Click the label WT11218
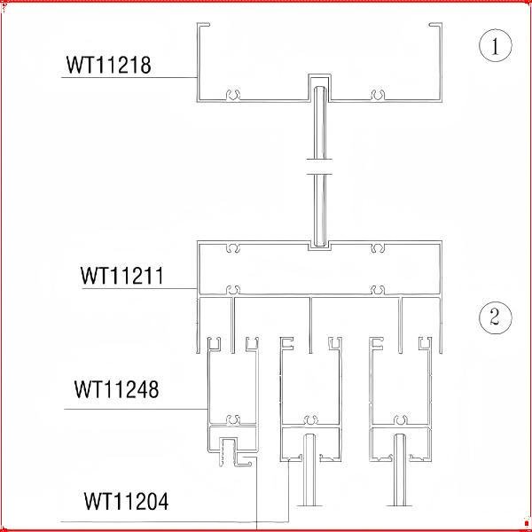pyautogui.click(x=108, y=65)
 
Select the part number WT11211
pyautogui.click(x=122, y=276)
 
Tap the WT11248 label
pyautogui.click(x=116, y=389)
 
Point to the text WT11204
pyautogui.click(x=126, y=502)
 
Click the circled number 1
pyautogui.click(x=496, y=45)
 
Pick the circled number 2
pyautogui.click(x=496, y=317)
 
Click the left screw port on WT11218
pyautogui.click(x=233, y=95)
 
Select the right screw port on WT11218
pyautogui.click(x=378, y=95)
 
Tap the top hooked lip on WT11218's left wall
pyautogui.click(x=204, y=25)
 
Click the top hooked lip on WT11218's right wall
pyautogui.click(x=435, y=25)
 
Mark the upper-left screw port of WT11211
pyautogui.click(x=233, y=248)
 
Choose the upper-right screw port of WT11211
pyautogui.click(x=378, y=248)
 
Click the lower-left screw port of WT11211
pyautogui.click(x=233, y=290)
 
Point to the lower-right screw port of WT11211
pyautogui.click(x=378, y=290)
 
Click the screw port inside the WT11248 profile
pyautogui.click(x=233, y=419)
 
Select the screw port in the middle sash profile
pyautogui.click(x=311, y=419)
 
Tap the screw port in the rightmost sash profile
pyautogui.click(x=401, y=419)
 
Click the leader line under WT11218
pyautogui.click(x=129, y=78)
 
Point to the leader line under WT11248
pyautogui.click(x=136, y=409)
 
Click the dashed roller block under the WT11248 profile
pyautogui.click(x=227, y=452)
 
